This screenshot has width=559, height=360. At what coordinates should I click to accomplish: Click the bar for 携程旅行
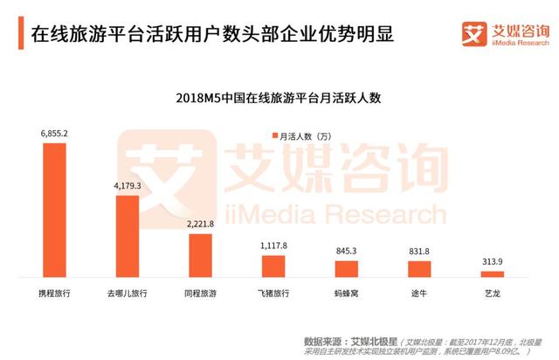[x=54, y=210]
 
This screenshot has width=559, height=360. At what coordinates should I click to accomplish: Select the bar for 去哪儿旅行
[x=128, y=235]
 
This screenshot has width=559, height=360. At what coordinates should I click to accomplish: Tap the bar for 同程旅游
[x=201, y=254]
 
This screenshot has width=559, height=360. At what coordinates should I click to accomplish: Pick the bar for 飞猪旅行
[x=273, y=265]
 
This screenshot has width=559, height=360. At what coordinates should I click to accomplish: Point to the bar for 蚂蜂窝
[x=347, y=268]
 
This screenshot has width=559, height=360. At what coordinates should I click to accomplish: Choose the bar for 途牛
[x=420, y=268]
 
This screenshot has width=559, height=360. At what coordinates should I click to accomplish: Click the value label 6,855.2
[x=54, y=134]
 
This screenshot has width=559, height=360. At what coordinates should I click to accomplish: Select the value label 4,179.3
[x=128, y=185]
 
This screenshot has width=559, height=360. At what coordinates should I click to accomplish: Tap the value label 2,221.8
[x=201, y=224]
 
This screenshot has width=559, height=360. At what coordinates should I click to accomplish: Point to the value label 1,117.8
[x=273, y=246]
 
